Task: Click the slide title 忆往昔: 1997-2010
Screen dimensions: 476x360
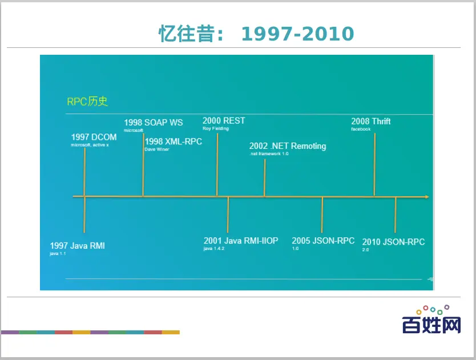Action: (x=256, y=34)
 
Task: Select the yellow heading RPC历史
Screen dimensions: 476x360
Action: (x=87, y=102)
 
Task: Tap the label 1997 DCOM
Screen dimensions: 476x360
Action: (x=94, y=137)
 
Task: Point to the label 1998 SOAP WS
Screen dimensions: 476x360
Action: (x=154, y=123)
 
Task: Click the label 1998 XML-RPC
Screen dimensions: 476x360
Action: (x=174, y=141)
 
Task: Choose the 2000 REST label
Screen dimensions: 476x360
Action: (x=224, y=121)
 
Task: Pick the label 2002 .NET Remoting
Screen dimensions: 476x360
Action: (x=288, y=146)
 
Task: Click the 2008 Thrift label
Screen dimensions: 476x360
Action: (x=371, y=122)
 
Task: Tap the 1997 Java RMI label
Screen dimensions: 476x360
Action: (x=78, y=245)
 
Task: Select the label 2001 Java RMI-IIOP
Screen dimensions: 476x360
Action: (x=241, y=241)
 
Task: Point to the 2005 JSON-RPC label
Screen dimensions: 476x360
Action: (x=323, y=241)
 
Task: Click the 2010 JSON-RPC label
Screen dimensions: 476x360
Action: (x=393, y=242)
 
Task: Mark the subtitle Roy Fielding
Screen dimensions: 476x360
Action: (x=216, y=128)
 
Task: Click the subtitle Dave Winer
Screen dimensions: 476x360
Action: (x=157, y=149)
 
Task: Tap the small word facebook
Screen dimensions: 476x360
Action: (x=361, y=129)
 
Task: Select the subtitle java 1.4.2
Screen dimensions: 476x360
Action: (x=214, y=249)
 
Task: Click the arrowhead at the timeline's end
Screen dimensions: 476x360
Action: (x=426, y=197)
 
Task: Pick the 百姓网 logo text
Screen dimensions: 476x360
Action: (x=431, y=325)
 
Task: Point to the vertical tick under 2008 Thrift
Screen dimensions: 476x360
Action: (x=374, y=164)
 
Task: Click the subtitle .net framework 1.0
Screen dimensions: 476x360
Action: (x=269, y=153)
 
